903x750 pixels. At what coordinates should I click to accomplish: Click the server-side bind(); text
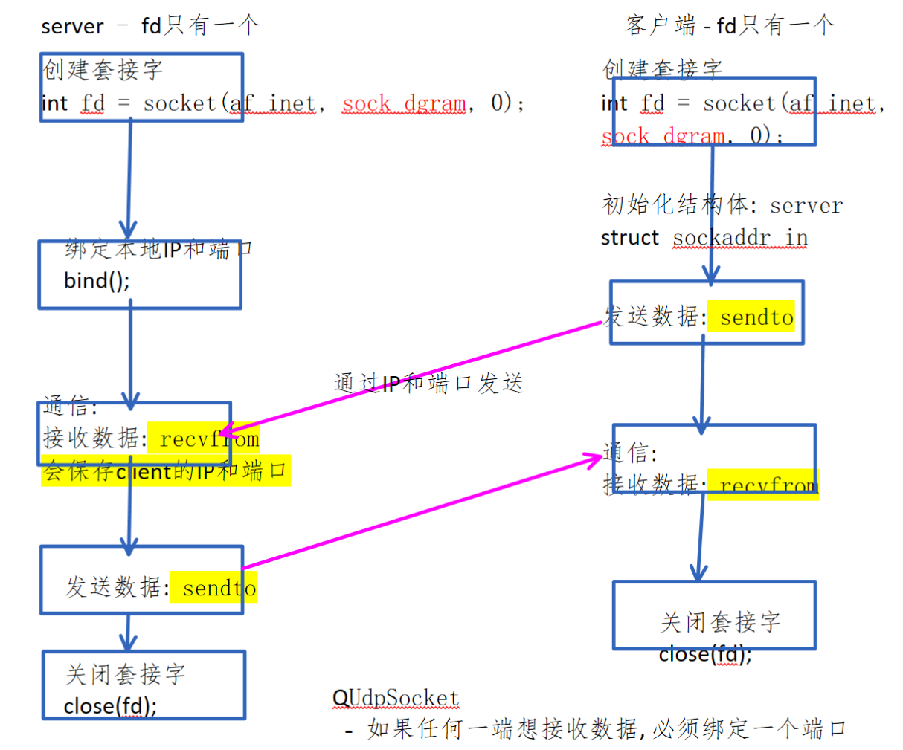coord(97,281)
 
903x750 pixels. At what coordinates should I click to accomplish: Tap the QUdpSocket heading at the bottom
coord(395,698)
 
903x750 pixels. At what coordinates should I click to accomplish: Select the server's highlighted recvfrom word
coord(209,439)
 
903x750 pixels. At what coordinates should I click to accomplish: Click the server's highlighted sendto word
coord(219,588)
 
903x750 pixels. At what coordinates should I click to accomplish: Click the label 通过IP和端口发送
coord(428,383)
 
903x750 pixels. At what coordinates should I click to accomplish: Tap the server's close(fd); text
coord(110,706)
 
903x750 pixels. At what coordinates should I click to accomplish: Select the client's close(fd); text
coord(705,655)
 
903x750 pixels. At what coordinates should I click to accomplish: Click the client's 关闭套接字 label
coord(720,621)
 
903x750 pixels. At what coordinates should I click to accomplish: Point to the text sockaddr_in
coord(740,238)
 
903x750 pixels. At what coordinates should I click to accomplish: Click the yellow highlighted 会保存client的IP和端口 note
coord(165,471)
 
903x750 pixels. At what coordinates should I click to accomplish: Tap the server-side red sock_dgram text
coord(405,103)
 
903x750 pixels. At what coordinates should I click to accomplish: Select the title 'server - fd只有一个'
coord(150,26)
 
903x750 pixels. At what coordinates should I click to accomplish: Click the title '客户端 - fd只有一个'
coord(730,26)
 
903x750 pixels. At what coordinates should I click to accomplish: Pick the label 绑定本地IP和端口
coord(158,249)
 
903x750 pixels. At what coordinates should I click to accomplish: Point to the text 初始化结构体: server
coord(722,204)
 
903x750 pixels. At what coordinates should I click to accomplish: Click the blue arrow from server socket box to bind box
coord(129,178)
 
